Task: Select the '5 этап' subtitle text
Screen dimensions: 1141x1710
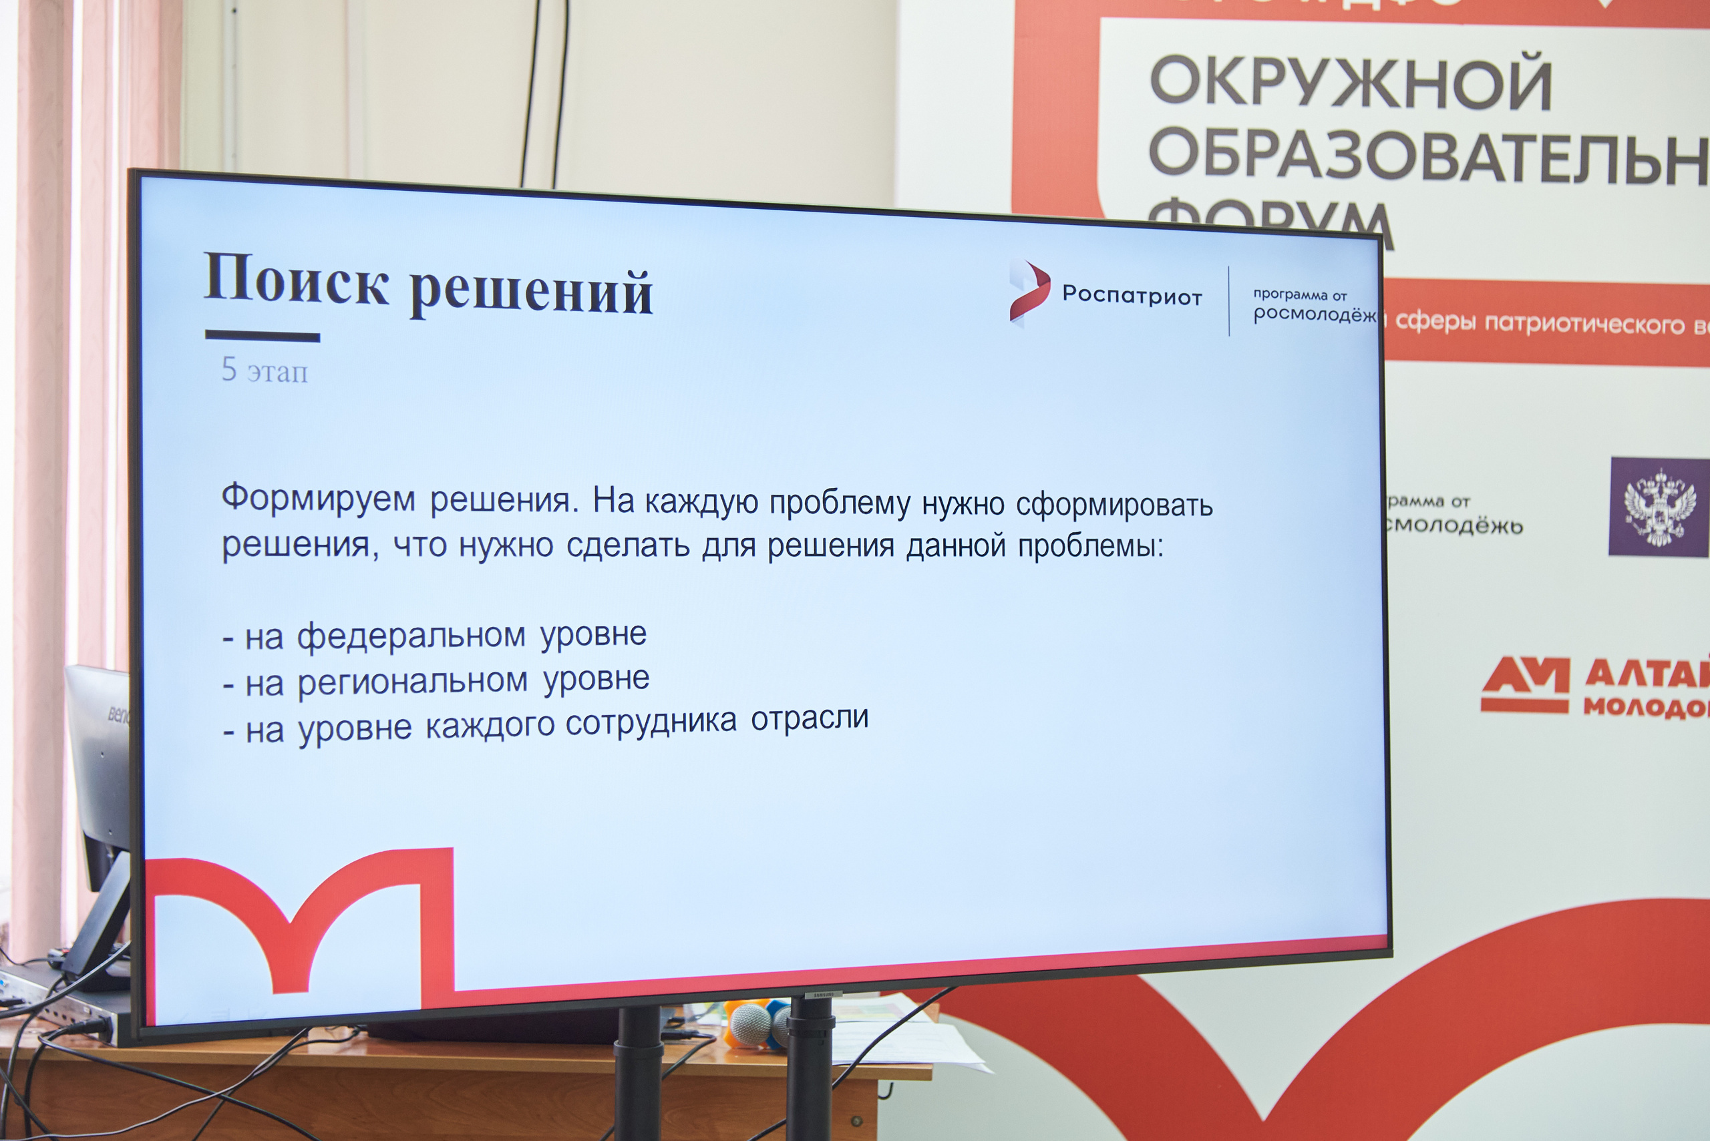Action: pos(265,371)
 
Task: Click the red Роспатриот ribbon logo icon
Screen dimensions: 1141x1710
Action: pos(1029,291)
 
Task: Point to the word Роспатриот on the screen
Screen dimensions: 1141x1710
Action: pos(1132,296)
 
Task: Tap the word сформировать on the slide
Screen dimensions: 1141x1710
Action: pos(1114,505)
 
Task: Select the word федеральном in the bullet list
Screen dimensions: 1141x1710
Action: pos(411,636)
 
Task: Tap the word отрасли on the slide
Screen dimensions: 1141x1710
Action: pos(810,718)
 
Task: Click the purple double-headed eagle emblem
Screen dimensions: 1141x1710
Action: pos(1659,507)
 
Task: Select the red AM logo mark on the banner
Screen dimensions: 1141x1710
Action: pos(1524,684)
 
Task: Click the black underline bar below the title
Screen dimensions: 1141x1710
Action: pos(262,336)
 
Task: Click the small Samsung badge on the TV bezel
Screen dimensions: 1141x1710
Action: pos(824,994)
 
